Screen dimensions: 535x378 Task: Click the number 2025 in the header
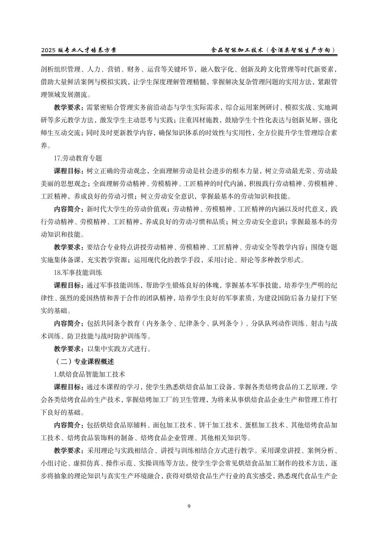(x=48, y=50)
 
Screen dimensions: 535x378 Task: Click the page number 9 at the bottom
(x=189, y=506)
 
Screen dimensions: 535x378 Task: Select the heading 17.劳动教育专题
(x=78, y=158)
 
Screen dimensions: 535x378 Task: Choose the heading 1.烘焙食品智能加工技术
(x=90, y=374)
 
